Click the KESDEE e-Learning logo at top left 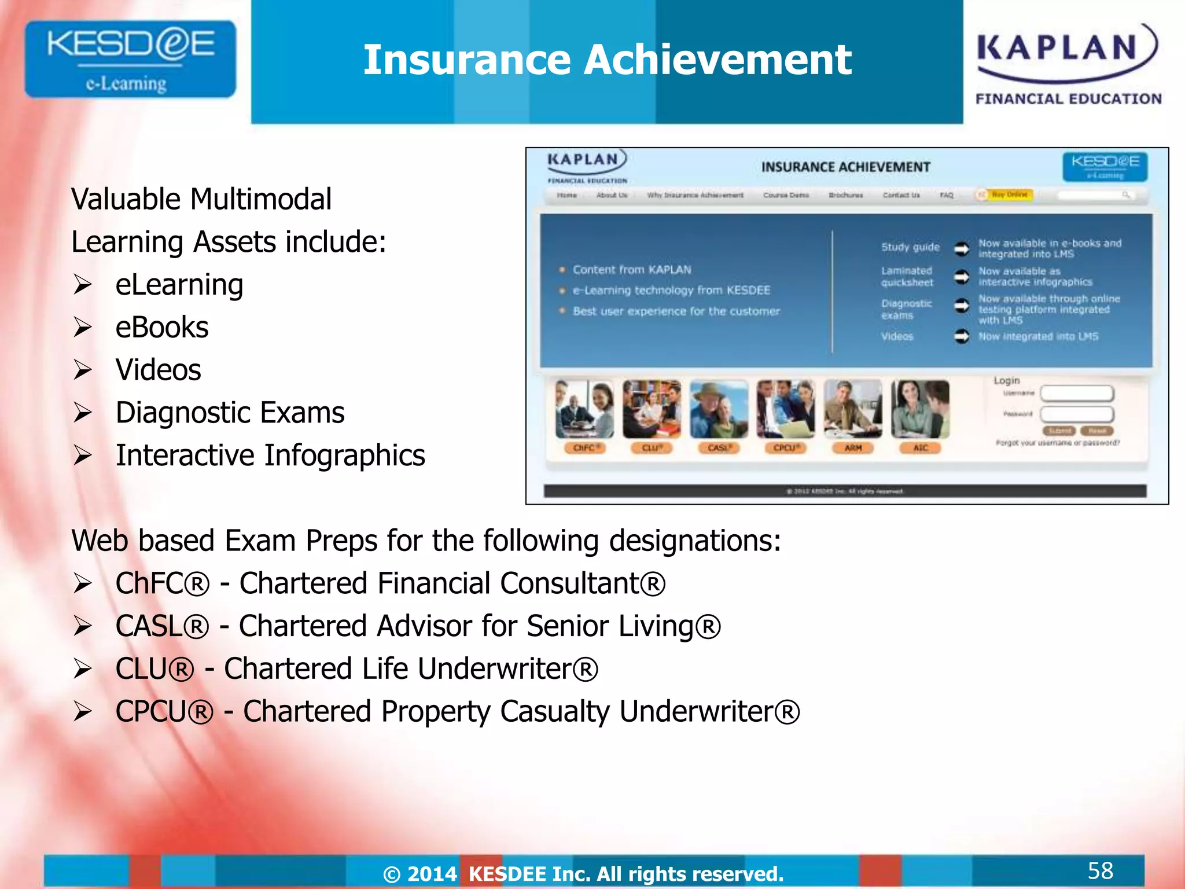tap(130, 59)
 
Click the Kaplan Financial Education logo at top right tap(1068, 64)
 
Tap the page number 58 tap(1100, 870)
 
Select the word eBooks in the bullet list tap(162, 328)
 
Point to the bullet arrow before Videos tap(83, 370)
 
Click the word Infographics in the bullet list tap(345, 455)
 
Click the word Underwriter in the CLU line tap(495, 669)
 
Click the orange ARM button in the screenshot tap(853, 448)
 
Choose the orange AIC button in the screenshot tap(920, 448)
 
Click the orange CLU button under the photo tap(652, 448)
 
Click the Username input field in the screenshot tap(1077, 394)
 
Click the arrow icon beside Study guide tap(962, 248)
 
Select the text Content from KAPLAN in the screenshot tap(632, 270)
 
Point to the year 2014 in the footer tap(432, 874)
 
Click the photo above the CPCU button tap(786, 409)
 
